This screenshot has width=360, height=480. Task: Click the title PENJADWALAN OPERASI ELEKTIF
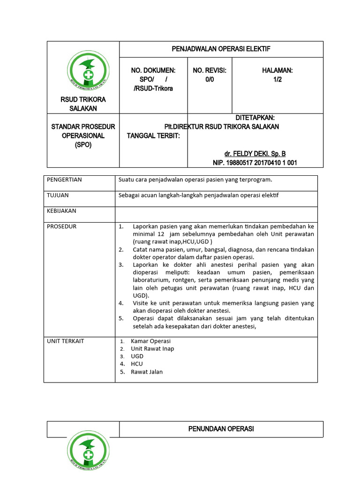[x=221, y=49]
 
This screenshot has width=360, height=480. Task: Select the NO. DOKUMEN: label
[x=153, y=70]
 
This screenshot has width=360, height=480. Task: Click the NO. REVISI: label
[x=210, y=70]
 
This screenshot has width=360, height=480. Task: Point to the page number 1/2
[x=277, y=79]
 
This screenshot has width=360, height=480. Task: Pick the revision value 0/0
[x=210, y=79]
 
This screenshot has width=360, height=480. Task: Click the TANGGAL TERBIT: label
[x=157, y=135]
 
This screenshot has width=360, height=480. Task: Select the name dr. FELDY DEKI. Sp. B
[x=255, y=154]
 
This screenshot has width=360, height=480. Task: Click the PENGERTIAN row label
[x=64, y=180]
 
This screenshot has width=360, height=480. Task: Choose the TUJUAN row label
[x=58, y=195]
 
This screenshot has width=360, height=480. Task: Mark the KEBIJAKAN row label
[x=61, y=211]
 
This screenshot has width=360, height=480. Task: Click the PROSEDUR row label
[x=61, y=226]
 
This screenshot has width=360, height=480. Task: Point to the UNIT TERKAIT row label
[x=66, y=341]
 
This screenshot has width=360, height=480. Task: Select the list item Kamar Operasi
[x=150, y=341]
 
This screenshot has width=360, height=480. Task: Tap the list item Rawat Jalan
[x=147, y=372]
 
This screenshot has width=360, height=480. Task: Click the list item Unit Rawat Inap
[x=152, y=349]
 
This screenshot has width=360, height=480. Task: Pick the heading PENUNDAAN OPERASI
[x=221, y=429]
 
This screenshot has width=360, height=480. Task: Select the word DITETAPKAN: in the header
[x=255, y=118]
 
